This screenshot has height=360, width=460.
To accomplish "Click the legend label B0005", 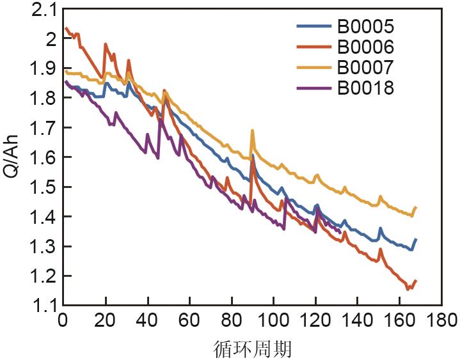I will (365, 27).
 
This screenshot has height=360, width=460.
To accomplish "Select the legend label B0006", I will (365, 47).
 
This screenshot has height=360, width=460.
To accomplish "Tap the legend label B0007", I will (365, 67).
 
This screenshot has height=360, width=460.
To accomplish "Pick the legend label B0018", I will (365, 88).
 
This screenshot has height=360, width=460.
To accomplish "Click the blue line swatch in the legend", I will (313, 27).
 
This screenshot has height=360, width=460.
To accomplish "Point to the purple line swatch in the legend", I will (313, 88).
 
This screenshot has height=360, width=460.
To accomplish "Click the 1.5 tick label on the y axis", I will (43, 187).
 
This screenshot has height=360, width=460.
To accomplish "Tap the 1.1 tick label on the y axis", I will (43, 306).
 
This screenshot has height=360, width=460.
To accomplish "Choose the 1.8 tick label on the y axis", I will (43, 98).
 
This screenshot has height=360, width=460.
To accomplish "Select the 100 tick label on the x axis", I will (273, 319).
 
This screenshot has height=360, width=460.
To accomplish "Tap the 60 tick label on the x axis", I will (189, 319).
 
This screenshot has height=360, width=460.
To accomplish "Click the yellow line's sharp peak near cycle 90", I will (252, 130).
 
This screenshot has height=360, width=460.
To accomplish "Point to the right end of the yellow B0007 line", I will (416, 207).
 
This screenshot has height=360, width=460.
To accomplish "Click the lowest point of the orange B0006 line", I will (408, 289).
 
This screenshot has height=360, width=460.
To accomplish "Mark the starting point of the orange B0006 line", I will (66, 28).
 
